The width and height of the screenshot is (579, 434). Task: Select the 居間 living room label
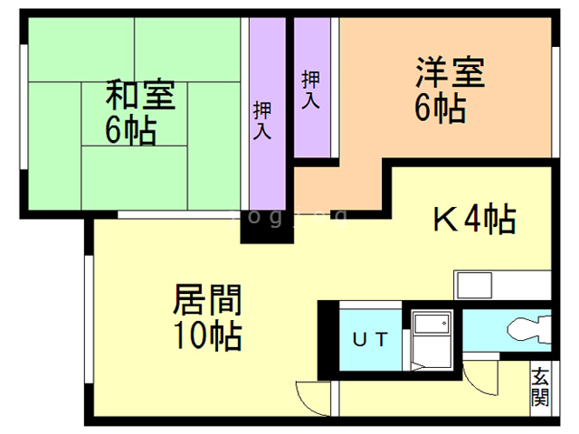[x=206, y=298]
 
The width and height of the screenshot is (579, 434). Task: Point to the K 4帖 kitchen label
[x=472, y=219]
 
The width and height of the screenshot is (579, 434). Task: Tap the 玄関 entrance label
[x=540, y=387]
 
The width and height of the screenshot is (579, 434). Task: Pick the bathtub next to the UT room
[x=431, y=337]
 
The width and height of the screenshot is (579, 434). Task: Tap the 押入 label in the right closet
[x=310, y=89]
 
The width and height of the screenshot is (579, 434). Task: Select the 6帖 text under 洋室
[x=441, y=109]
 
